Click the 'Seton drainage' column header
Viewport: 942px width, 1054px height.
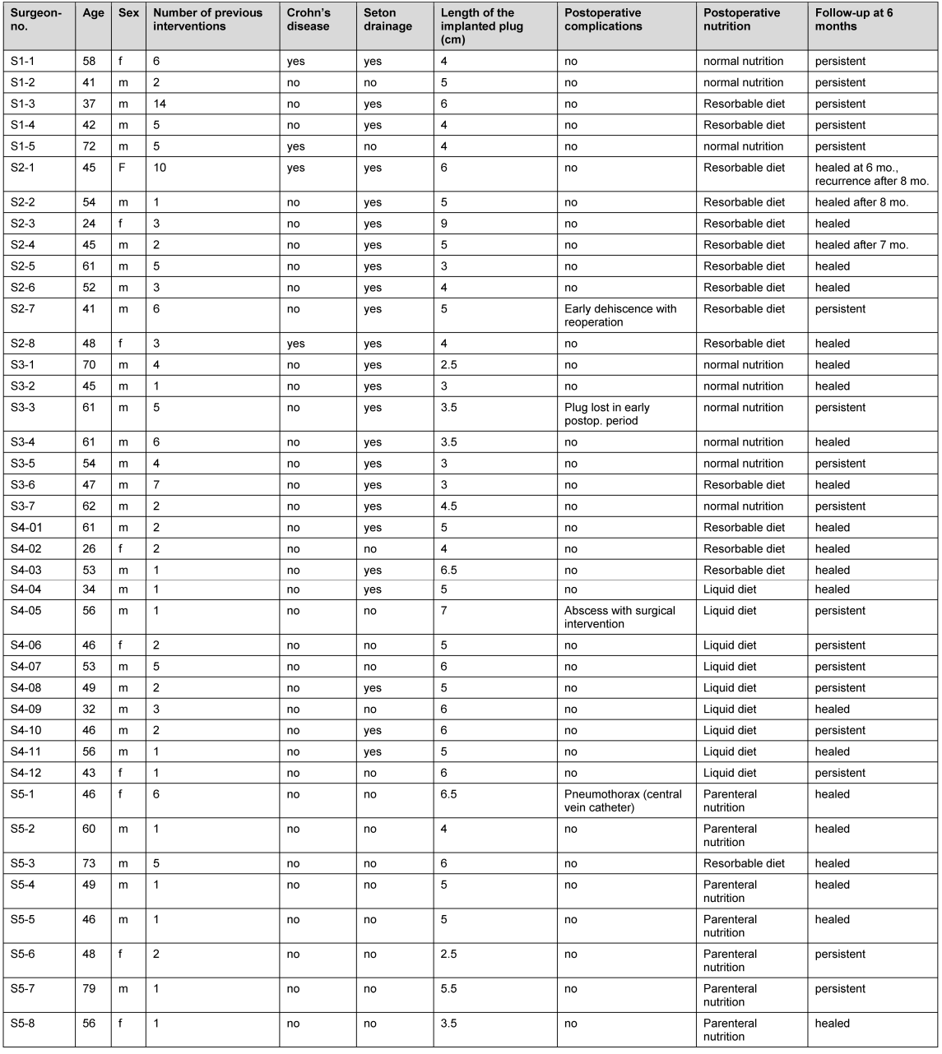(387, 20)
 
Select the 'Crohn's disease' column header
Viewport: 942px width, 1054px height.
(309, 20)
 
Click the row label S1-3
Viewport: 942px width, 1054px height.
(23, 104)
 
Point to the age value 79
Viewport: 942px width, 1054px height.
(89, 989)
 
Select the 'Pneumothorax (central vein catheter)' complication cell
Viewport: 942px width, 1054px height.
(623, 801)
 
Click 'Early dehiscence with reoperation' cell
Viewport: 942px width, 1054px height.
(620, 316)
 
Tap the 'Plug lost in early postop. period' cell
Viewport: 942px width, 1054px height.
(607, 414)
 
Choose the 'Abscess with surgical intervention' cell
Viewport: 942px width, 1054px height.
(619, 617)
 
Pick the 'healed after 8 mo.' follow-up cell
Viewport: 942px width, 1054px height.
(861, 202)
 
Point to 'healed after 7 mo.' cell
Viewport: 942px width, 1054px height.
(861, 245)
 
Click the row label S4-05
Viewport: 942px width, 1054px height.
(26, 611)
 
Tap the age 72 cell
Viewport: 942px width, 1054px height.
(89, 146)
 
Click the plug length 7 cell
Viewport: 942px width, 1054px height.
(443, 611)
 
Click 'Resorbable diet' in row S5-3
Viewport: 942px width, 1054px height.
(744, 863)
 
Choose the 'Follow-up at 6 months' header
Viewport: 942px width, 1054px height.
(854, 20)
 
